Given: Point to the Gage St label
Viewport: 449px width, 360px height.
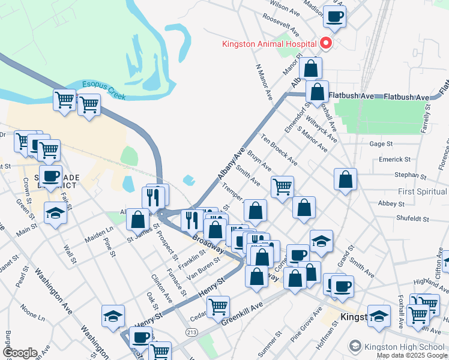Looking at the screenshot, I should [381, 144].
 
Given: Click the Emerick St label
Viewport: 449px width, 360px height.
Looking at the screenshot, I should [394, 160].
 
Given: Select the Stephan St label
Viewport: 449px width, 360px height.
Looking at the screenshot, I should [410, 176].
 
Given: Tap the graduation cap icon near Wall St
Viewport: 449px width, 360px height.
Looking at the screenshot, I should [55, 214].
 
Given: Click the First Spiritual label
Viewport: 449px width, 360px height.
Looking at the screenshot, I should [423, 191].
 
